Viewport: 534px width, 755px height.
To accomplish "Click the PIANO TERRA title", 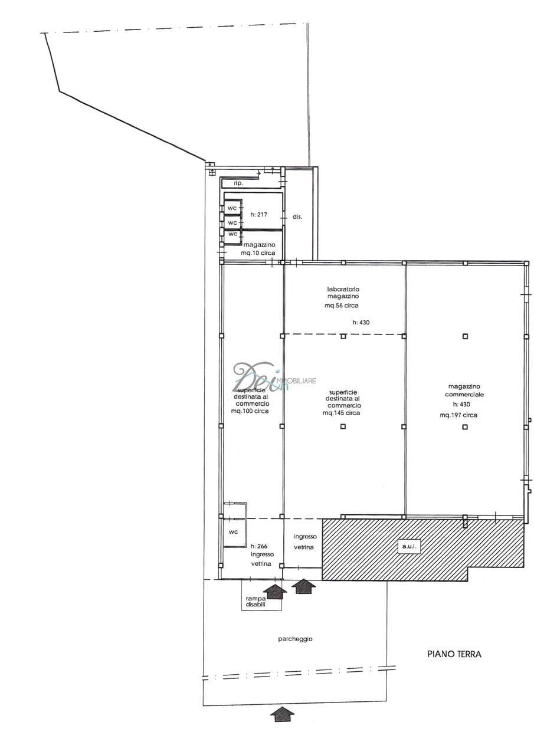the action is coord(454,654).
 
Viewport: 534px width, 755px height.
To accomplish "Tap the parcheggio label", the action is coord(295,639).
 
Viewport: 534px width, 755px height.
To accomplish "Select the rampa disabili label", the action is coord(255,602).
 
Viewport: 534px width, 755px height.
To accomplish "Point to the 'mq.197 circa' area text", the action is coord(458,415).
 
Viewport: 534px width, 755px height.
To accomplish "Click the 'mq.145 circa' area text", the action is coord(341,412).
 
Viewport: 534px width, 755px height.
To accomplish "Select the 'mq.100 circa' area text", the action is coord(250,411).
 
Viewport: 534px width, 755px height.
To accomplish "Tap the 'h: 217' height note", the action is coord(259,214).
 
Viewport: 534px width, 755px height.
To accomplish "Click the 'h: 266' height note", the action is coord(259,546).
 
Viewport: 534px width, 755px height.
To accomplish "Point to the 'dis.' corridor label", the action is coord(297,217).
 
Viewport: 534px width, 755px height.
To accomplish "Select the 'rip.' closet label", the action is coord(238,183).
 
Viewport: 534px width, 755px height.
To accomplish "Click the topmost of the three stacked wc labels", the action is coord(232,208).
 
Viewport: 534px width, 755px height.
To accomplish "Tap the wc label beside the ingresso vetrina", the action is coord(233,531).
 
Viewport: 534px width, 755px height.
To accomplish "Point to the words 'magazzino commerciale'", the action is coord(464,390).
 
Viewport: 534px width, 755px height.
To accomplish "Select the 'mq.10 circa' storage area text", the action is coord(258,252).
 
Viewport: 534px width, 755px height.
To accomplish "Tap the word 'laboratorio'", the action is coord(343,289).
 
